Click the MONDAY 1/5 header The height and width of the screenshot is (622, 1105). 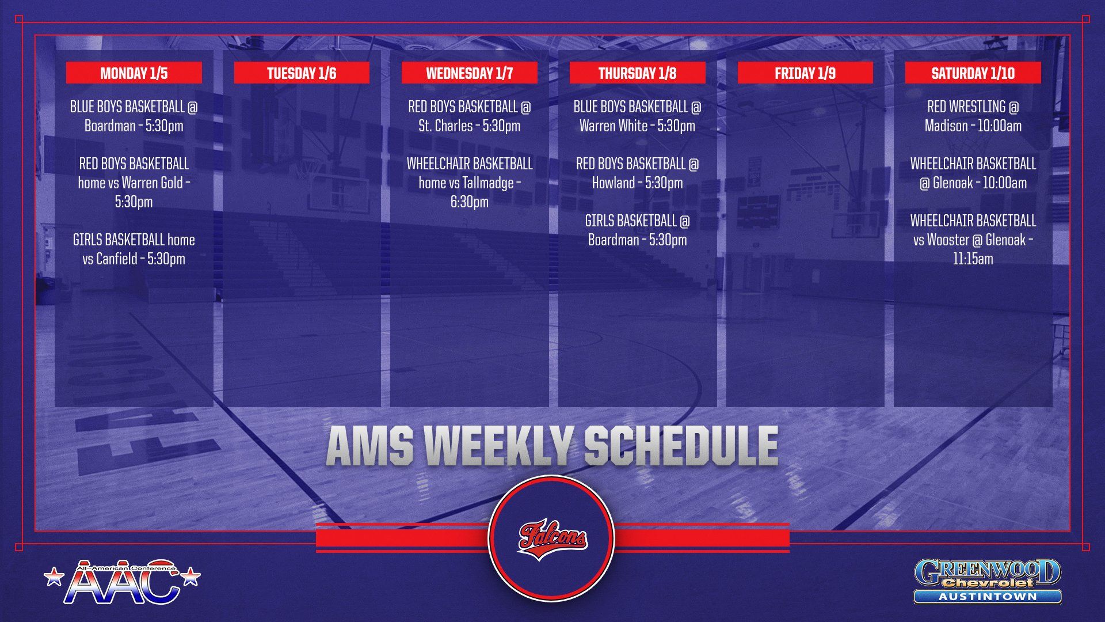coord(134,73)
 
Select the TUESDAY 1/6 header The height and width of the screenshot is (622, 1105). coord(302,73)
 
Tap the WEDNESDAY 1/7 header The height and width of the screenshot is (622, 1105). coord(470,73)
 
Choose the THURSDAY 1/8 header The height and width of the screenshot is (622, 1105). coord(638,73)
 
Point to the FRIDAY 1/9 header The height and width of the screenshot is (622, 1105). coord(805,73)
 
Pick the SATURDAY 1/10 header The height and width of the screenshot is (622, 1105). coord(973,73)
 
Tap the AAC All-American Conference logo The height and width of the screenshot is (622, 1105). coord(122,582)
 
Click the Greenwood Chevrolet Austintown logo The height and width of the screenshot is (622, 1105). coord(988,581)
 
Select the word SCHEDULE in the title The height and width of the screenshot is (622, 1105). coord(681,446)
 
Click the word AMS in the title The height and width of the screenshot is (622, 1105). coord(370,446)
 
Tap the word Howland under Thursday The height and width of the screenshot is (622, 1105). coord(613,183)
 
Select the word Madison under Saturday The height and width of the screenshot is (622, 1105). coord(946,126)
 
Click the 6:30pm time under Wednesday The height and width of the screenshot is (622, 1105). coord(470,202)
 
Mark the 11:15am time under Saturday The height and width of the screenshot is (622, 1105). coord(973,259)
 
